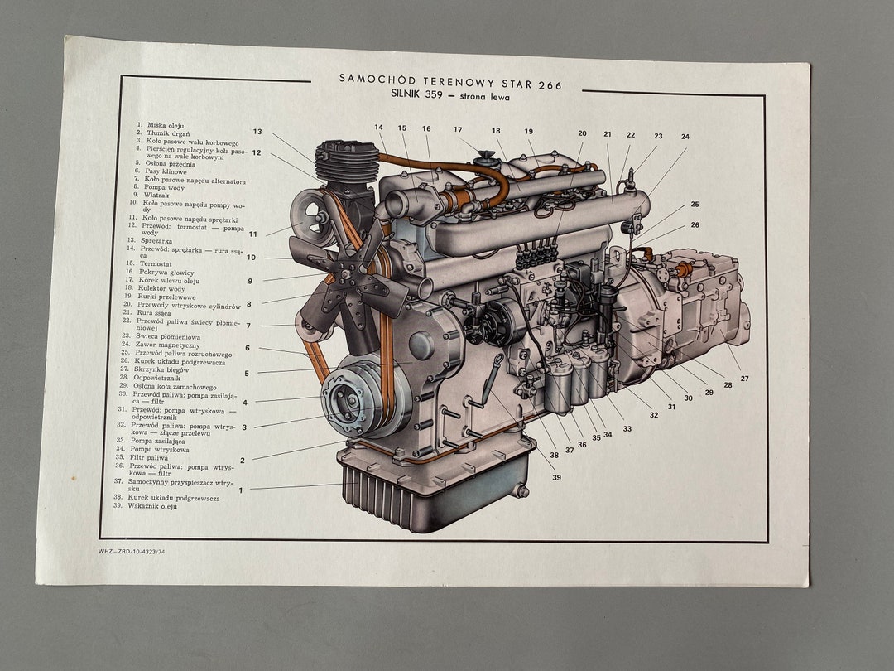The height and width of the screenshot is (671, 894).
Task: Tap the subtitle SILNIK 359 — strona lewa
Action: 450,96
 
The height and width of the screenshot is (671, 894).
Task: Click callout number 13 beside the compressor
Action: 257,132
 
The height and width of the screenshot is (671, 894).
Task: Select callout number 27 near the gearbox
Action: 744,379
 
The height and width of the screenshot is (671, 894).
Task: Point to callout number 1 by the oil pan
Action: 241,490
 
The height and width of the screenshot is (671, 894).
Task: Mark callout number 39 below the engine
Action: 556,477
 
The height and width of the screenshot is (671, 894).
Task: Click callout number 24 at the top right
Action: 685,137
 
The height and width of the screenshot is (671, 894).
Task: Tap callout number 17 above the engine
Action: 458,129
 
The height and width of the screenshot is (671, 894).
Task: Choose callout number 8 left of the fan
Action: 248,304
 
